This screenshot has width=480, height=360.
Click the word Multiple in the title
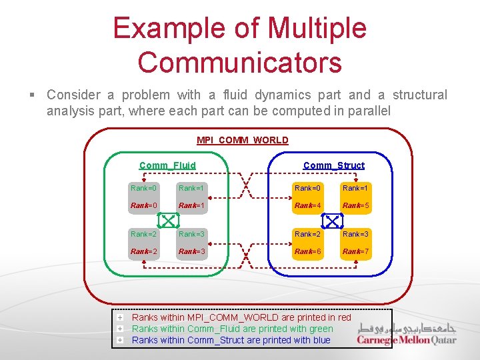[x=317, y=29]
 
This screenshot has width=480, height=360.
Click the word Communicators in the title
[x=239, y=62]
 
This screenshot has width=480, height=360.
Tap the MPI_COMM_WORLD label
[x=243, y=140]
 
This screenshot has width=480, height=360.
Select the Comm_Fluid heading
[x=167, y=165]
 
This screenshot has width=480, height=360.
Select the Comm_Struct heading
[x=333, y=165]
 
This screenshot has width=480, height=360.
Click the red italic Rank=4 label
[x=308, y=206]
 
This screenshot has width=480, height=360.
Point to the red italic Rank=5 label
[x=355, y=206]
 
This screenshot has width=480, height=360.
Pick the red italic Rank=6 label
[x=308, y=251]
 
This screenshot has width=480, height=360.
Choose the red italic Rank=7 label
[x=355, y=251]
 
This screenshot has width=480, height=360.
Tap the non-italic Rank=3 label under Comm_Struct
[x=355, y=234]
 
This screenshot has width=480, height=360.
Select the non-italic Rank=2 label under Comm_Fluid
[x=144, y=234]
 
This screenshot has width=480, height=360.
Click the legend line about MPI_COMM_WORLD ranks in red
[x=241, y=317]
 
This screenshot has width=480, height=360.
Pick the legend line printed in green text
[x=232, y=329]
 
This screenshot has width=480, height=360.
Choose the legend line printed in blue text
[x=231, y=340]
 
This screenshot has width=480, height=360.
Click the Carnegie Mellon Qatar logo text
[x=406, y=340]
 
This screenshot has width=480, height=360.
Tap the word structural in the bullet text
[x=420, y=95]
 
